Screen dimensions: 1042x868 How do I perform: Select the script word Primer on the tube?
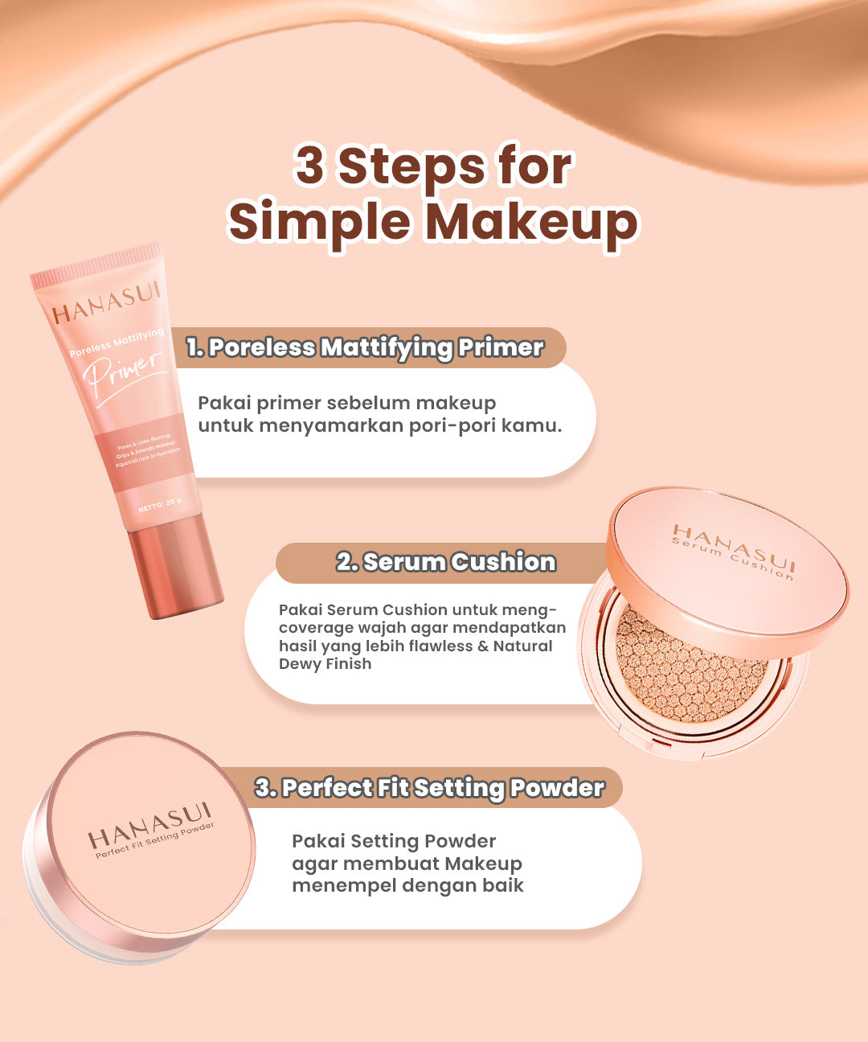[x=124, y=374]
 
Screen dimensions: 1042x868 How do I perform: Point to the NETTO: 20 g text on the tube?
[x=159, y=504]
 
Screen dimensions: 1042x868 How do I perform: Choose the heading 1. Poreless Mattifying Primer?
[x=366, y=347]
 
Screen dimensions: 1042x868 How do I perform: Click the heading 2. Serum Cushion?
[x=446, y=562]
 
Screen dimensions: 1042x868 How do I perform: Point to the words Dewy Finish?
[x=325, y=664]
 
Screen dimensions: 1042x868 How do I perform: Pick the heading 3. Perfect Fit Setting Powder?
[x=430, y=788]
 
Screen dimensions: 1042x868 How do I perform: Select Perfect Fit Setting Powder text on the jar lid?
[x=155, y=840]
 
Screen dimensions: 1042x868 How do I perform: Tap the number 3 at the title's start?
[x=309, y=166]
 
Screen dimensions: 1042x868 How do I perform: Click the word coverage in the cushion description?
[x=316, y=628]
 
